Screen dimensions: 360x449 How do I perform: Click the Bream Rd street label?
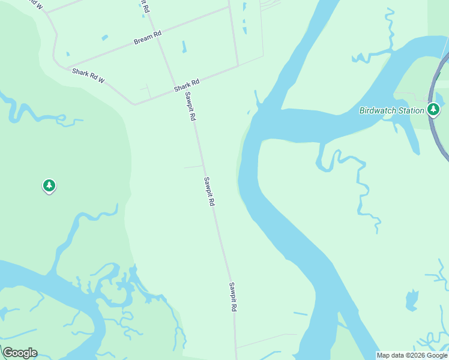(x=148, y=37)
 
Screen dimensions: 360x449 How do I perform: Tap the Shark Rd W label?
(x=88, y=76)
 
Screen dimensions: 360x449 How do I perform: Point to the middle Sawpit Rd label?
(x=209, y=192)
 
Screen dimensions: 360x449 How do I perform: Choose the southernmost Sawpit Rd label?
(x=232, y=296)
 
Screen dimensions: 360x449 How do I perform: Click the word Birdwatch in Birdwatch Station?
(x=378, y=110)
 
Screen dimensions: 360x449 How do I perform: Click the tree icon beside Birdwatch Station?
(x=433, y=109)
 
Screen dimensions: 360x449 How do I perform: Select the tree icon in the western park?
(x=49, y=185)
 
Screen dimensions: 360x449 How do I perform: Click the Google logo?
(x=20, y=353)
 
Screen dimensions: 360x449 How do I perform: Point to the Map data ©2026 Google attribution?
(x=412, y=355)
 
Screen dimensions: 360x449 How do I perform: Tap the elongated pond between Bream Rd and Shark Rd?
(x=184, y=47)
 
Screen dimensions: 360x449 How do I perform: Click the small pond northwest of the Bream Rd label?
(x=105, y=38)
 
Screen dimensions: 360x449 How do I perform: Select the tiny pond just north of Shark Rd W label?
(x=68, y=54)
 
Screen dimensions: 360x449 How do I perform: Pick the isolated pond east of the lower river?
(x=411, y=300)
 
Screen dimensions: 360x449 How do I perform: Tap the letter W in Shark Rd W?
(x=102, y=81)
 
